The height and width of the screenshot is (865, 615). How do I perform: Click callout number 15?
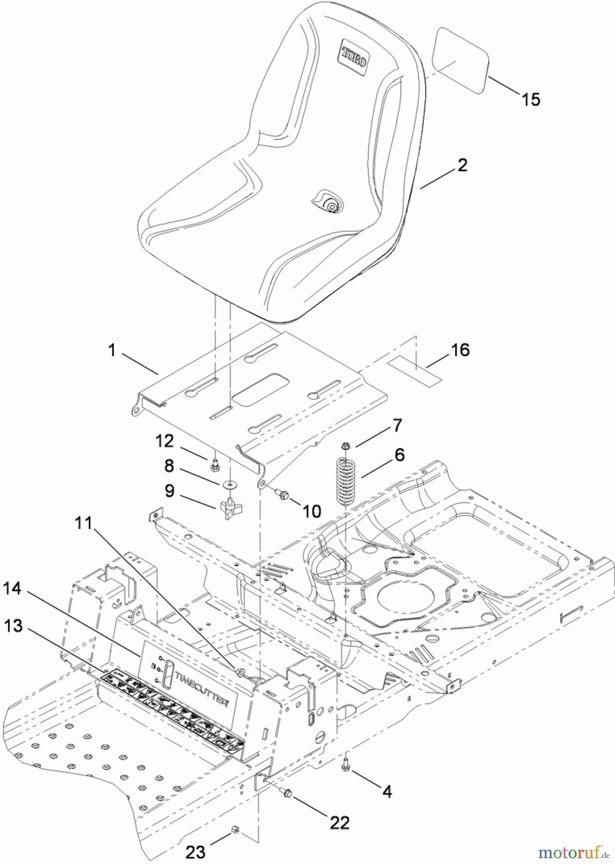click(x=531, y=99)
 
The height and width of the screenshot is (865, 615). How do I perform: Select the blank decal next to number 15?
click(x=461, y=61)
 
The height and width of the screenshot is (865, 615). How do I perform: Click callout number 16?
click(x=460, y=350)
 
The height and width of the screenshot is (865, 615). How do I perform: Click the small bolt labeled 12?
click(x=215, y=465)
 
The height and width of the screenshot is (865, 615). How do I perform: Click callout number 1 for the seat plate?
click(x=111, y=351)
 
